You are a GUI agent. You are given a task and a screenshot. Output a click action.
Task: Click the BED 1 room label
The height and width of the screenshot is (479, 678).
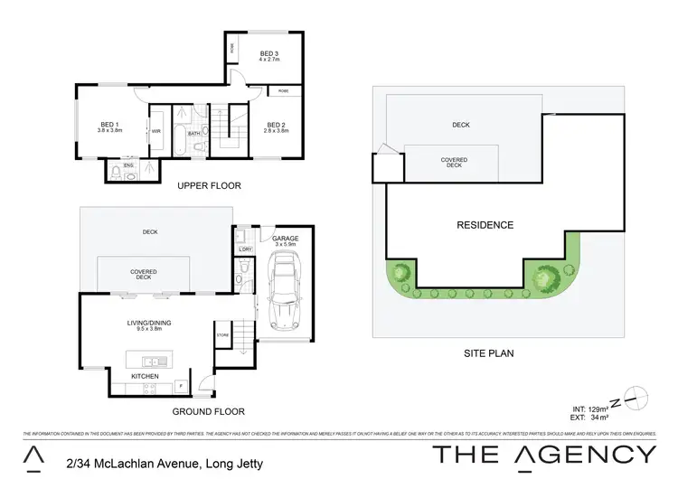pyautogui.click(x=108, y=124)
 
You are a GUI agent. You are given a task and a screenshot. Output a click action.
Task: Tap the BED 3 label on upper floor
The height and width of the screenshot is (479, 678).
pyautogui.click(x=268, y=53)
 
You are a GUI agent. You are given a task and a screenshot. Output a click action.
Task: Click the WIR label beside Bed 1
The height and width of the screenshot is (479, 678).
pyautogui.click(x=155, y=131)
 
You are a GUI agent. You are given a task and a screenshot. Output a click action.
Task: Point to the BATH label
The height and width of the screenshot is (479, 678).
pyautogui.click(x=193, y=133)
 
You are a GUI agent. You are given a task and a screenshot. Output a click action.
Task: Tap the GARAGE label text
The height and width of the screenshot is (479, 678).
pyautogui.click(x=284, y=239)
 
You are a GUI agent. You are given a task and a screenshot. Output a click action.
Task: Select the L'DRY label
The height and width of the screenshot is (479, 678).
pyautogui.click(x=244, y=248)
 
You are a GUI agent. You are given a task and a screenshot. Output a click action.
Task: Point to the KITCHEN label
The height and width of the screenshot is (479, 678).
pyautogui.click(x=146, y=375)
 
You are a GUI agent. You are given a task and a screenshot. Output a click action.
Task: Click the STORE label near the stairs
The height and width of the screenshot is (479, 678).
pyautogui.click(x=221, y=336)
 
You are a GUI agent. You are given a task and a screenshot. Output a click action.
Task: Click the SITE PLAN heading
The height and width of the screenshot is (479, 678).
pyautogui.click(x=489, y=353)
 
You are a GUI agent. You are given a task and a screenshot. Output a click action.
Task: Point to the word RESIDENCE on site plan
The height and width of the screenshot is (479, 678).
pyautogui.click(x=485, y=225)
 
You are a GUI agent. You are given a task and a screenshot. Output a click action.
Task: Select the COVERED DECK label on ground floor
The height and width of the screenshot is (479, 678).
pyautogui.click(x=145, y=274)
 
